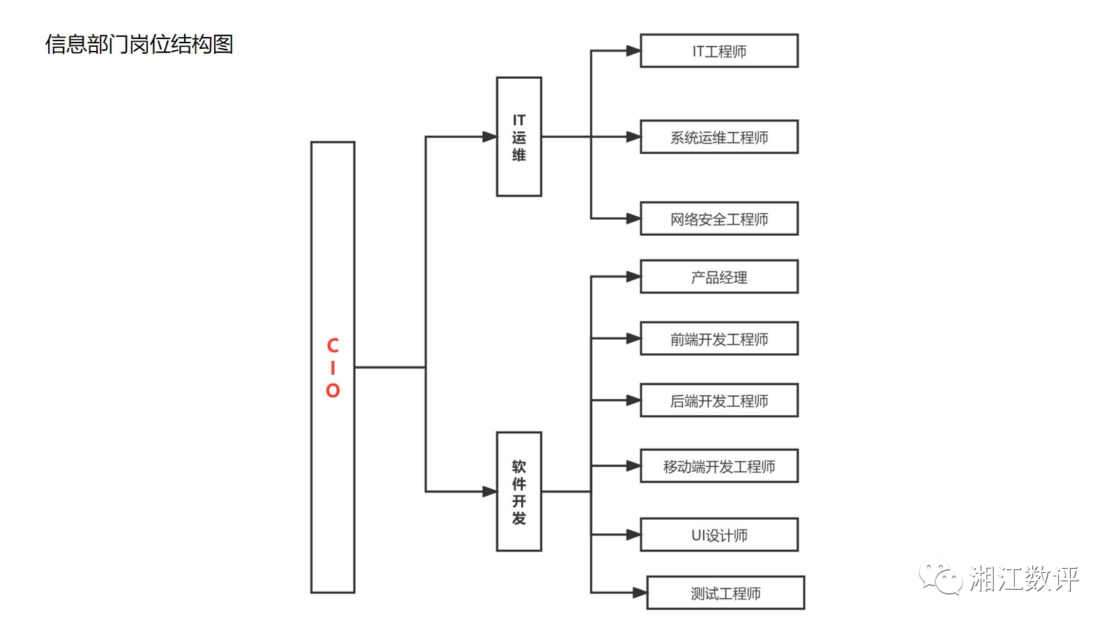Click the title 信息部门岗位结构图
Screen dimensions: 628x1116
[x=139, y=45]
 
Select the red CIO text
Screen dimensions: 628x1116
[x=333, y=368]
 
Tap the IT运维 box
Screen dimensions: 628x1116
[x=519, y=137]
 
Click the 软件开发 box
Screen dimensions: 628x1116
[x=519, y=491]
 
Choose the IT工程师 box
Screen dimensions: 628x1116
[x=719, y=51]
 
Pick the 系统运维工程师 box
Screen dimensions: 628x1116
[x=719, y=137]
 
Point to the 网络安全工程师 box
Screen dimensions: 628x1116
[x=719, y=219]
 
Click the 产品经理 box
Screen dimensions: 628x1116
[x=719, y=277]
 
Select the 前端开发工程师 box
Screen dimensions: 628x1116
[x=719, y=338]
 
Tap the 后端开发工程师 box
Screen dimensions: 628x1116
[x=719, y=401]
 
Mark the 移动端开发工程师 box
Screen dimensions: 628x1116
[x=719, y=466]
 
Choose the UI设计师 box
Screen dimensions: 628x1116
[x=719, y=535]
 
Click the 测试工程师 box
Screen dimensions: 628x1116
[x=725, y=593]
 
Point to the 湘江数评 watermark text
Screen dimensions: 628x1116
[x=1024, y=578]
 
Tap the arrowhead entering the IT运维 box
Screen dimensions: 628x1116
[x=490, y=137]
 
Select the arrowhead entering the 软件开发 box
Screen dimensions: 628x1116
[x=490, y=491]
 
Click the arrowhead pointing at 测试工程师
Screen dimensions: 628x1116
[x=640, y=593]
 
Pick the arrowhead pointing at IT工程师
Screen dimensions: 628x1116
[x=633, y=51]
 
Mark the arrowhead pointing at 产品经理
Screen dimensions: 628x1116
[x=633, y=277]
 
